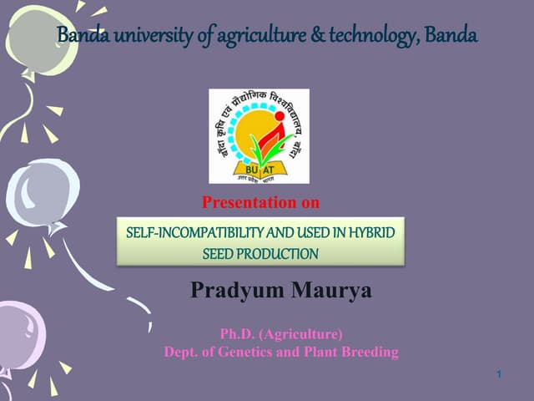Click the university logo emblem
pyautogui.click(x=258, y=135)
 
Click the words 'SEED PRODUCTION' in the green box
pyautogui.click(x=260, y=253)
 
